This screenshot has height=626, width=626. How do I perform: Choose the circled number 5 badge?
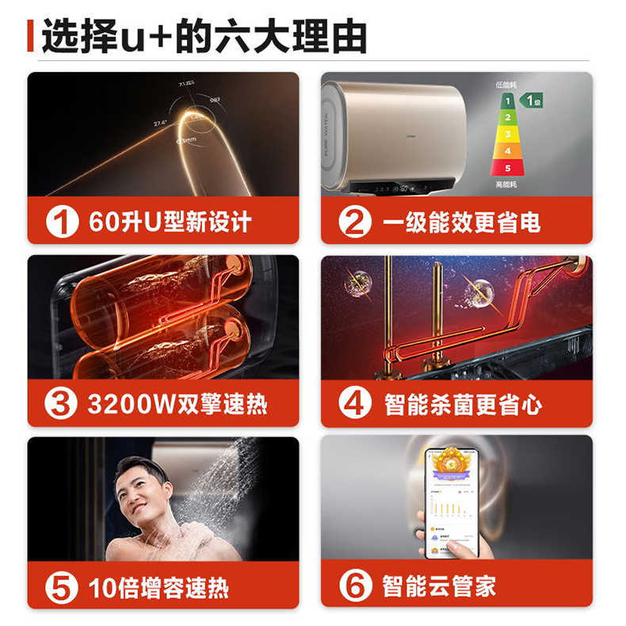coord(62,587)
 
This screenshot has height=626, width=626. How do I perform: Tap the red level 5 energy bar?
coord(507,168)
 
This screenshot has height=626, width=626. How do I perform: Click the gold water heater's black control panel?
coord(396,188)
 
